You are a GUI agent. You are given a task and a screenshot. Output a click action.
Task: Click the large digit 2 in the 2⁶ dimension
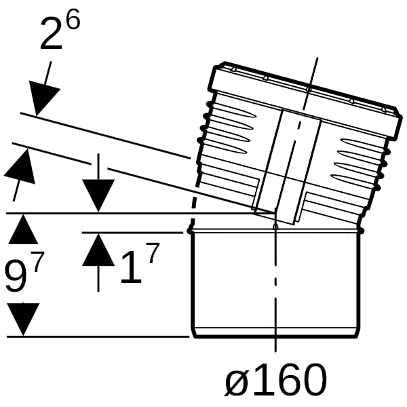pyautogui.click(x=52, y=34)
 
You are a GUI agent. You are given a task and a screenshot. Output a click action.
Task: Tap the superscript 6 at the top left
pyautogui.click(x=73, y=19)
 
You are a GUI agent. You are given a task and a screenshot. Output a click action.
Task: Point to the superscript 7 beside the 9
pyautogui.click(x=38, y=261)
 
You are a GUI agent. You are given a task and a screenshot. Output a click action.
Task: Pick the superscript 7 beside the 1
pyautogui.click(x=153, y=252)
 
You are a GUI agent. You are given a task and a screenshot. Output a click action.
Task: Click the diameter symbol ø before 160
pyautogui.click(x=237, y=379)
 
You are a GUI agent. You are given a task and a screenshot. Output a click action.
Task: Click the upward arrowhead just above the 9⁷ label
pyautogui.click(x=23, y=229)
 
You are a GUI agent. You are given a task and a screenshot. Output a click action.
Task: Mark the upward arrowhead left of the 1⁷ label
pyautogui.click(x=98, y=250)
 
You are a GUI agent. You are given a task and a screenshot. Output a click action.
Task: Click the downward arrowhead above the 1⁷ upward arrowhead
pyautogui.click(x=98, y=195)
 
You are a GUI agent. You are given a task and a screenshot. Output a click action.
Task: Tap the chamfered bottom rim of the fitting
pyautogui.click(x=275, y=333)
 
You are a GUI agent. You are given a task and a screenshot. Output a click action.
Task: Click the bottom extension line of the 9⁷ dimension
pyautogui.click(x=98, y=336)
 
